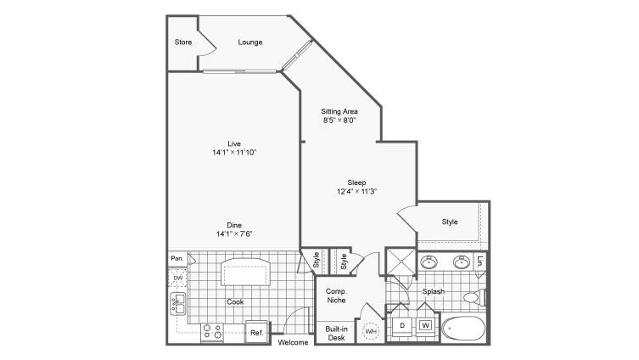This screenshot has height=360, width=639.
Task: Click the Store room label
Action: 183,42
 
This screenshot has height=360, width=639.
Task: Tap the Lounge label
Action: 250,42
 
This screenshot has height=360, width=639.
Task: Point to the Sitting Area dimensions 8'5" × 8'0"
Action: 339,121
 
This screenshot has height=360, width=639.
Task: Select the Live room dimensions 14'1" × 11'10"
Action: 234,153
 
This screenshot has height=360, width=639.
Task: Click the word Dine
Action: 234,225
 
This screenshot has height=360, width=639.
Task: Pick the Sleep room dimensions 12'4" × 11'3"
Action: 356,191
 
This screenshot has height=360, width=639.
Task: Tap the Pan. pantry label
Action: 177,258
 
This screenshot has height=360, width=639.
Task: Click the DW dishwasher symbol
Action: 178,278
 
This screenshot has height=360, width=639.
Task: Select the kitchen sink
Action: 178,304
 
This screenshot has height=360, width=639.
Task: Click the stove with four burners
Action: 212,332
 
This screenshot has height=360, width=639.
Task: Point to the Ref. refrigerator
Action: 258,332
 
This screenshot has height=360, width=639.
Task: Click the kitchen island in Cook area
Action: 245,272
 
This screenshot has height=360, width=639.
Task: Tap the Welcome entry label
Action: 293,342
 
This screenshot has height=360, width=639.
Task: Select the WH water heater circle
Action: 371,331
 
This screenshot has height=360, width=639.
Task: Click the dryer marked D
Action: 402,325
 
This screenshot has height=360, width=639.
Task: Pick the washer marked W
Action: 425,325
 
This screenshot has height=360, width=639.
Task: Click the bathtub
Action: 464,329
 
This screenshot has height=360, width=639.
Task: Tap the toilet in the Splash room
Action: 474,297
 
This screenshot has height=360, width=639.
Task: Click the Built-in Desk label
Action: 337,333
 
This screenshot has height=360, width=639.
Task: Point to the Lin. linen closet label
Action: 481,261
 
